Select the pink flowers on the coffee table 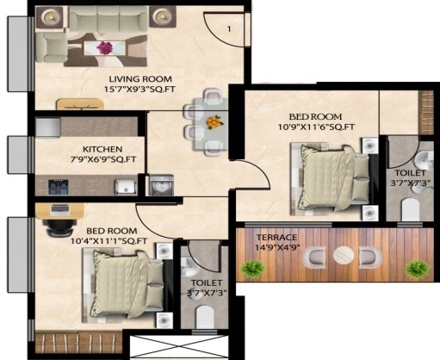(105, 48)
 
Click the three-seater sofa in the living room (105, 17)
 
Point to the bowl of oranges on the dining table (212, 121)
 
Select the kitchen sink (123, 185)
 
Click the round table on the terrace (344, 256)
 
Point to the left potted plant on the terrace (251, 270)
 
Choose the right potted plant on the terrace (418, 270)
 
